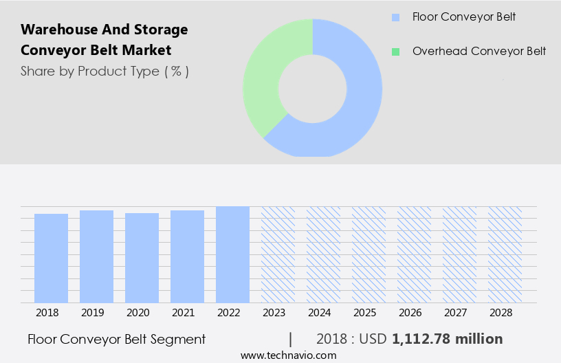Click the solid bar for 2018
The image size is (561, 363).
pyautogui.click(x=51, y=258)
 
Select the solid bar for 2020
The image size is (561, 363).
pyautogui.click(x=142, y=258)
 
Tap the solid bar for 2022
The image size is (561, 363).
pyautogui.click(x=232, y=254)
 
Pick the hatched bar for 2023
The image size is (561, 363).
pyautogui.click(x=278, y=254)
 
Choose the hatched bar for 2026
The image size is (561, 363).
pyautogui.click(x=414, y=254)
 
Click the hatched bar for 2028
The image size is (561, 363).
pyautogui.click(x=505, y=254)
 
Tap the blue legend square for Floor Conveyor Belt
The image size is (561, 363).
pyautogui.click(x=395, y=17)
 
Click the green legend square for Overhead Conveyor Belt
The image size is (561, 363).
pyautogui.click(x=395, y=52)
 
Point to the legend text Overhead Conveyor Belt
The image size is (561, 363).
pyautogui.click(x=479, y=52)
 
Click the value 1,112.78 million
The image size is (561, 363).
pyautogui.click(x=447, y=339)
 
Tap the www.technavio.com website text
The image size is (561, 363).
pyautogui.click(x=289, y=355)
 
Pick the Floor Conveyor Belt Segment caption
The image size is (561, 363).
pyautogui.click(x=116, y=339)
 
